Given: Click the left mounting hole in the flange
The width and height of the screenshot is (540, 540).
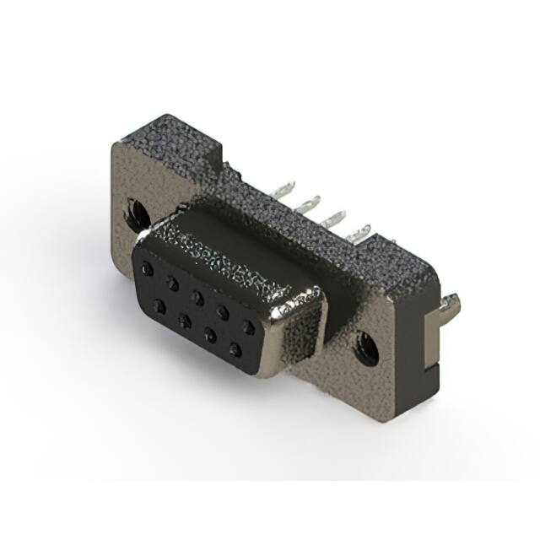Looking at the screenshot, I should click(132, 210).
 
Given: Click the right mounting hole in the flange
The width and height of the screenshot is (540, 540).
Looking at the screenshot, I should click(365, 346).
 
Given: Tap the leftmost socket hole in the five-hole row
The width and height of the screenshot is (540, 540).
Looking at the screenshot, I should click(148, 268).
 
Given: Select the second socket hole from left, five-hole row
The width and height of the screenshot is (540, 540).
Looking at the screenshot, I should click(172, 282).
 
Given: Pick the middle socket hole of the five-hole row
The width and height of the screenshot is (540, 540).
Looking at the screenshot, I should click(197, 295).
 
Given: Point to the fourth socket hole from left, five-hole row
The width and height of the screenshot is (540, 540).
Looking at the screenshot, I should click(222, 310).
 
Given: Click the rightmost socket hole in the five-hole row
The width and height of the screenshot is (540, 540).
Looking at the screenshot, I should click(248, 325).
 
